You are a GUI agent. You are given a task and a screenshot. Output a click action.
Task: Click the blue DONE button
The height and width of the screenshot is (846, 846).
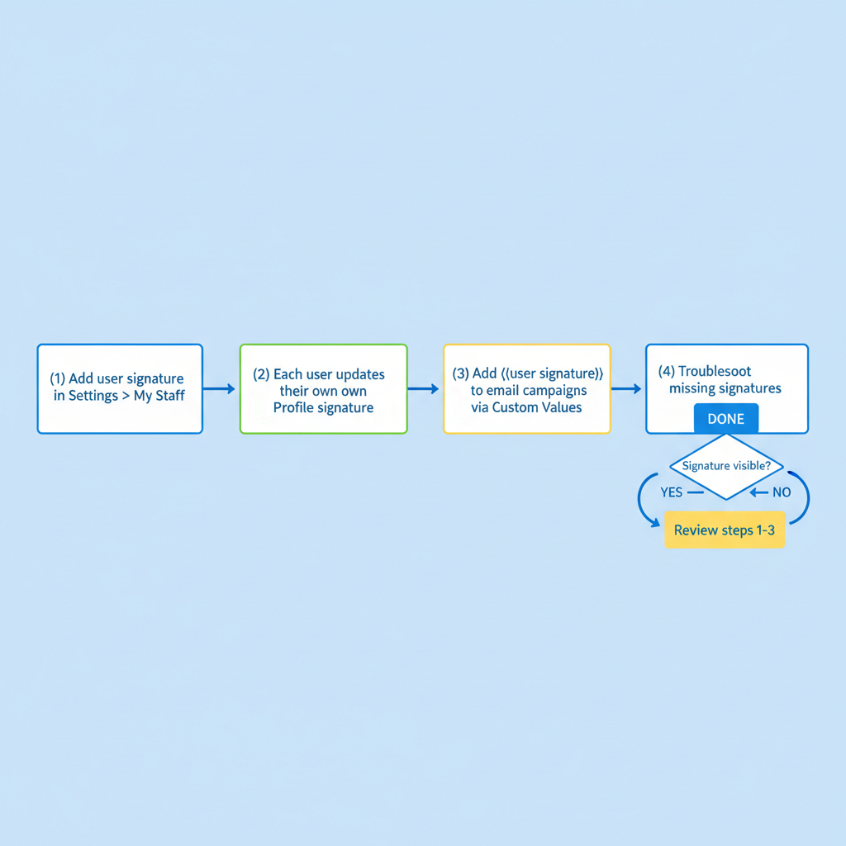[725, 419]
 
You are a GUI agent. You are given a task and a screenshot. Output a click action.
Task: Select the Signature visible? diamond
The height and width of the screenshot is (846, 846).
[726, 466]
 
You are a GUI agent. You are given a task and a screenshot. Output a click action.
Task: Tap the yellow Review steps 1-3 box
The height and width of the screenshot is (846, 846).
[724, 530]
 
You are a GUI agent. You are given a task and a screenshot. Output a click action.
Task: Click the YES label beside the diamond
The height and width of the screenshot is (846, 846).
[672, 492]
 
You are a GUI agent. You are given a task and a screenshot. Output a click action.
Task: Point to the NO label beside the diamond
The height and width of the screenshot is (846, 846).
[781, 492]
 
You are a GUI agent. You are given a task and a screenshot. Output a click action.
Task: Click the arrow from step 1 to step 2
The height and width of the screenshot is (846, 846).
[220, 388]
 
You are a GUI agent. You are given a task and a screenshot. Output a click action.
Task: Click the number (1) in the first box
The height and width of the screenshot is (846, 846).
[57, 378]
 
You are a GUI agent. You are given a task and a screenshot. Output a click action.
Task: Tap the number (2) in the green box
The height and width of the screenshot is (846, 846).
[261, 374]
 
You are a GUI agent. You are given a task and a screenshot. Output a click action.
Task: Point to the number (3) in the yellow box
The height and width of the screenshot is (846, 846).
[461, 373]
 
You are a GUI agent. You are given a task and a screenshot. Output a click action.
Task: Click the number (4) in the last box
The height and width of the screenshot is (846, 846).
[666, 372]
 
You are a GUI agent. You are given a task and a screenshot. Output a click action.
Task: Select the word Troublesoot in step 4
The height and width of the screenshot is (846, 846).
[715, 372]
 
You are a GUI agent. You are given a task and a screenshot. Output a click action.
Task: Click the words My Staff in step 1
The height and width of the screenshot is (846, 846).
[159, 396]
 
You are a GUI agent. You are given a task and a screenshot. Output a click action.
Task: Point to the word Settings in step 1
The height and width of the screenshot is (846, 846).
[93, 396]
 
